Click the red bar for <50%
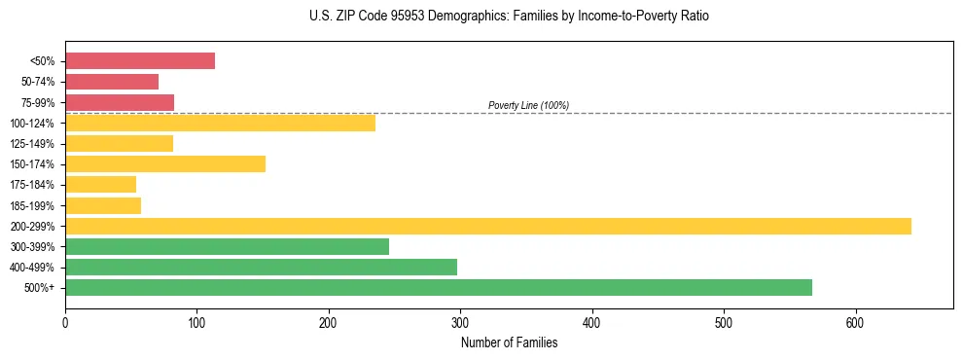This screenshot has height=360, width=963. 139,61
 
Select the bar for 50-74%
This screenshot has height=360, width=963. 112,82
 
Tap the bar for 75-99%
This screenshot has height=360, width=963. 120,102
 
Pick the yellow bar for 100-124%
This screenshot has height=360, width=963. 220,123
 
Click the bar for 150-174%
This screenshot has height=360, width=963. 165,163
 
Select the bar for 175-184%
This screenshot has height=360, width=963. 100,185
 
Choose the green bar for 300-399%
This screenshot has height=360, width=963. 227,247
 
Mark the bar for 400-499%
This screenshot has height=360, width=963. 261,268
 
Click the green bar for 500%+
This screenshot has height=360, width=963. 439,288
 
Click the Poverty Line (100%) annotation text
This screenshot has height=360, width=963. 528,105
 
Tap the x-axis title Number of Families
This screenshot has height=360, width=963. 509,342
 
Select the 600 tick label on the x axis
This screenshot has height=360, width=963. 855,322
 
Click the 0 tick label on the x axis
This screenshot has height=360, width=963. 65,322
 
